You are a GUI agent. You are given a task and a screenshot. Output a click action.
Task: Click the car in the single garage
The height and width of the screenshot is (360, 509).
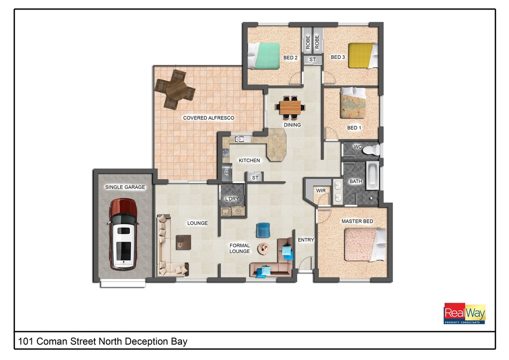point(123,234)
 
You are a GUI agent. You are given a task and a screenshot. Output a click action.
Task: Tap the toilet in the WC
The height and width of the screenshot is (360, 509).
point(371,150)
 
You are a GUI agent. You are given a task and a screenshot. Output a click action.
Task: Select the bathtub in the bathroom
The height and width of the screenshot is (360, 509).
point(372,176)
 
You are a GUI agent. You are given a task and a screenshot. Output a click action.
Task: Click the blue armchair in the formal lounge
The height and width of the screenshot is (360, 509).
point(263,230)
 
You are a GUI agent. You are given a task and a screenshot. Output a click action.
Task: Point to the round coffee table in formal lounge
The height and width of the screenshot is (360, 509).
point(263,249)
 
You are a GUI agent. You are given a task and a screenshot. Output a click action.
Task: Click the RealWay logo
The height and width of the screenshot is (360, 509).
point(465,313)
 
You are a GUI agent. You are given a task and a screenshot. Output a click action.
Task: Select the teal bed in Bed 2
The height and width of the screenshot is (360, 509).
point(263,56)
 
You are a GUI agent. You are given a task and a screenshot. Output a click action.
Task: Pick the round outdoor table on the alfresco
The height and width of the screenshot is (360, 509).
point(175,90)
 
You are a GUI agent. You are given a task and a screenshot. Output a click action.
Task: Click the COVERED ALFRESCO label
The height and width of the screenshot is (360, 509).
point(208,118)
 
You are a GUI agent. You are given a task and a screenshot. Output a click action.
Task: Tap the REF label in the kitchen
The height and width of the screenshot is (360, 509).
point(226,172)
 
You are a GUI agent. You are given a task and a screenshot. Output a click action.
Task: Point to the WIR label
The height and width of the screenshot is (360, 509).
point(321,190)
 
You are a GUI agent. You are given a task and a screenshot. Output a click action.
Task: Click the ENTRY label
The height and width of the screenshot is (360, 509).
point(306,240)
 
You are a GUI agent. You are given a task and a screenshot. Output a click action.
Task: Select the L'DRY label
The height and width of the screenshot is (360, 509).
point(232,199)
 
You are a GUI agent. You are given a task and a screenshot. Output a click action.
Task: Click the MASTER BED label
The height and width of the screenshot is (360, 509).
point(357,221)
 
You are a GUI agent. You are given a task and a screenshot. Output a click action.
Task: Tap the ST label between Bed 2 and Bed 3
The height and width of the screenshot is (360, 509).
point(312,59)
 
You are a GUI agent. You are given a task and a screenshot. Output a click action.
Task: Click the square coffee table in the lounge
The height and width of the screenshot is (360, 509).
point(183,242)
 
